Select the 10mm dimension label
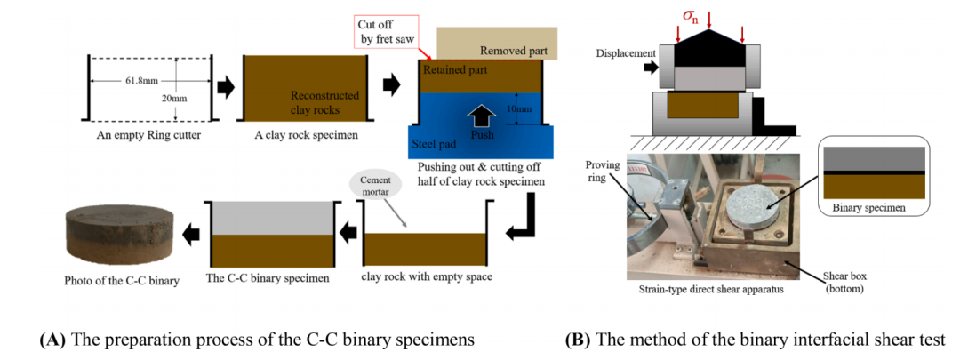click(x=530, y=109)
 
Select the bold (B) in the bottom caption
click(x=580, y=339)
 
